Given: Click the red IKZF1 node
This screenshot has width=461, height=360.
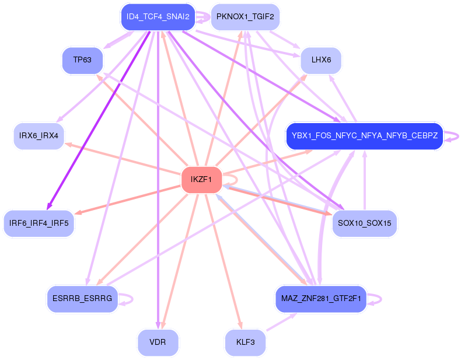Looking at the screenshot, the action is (201, 180).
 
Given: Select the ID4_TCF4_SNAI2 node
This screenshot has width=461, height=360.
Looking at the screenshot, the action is (158, 17).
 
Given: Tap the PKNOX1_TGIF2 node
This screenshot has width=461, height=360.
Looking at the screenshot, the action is (245, 17).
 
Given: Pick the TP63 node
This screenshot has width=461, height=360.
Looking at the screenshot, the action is (82, 60).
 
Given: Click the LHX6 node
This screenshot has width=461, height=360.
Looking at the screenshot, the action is (321, 60).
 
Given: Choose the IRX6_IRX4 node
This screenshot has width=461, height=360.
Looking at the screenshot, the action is (39, 136).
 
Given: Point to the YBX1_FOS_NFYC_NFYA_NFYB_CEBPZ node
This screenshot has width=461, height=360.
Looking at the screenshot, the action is (365, 136).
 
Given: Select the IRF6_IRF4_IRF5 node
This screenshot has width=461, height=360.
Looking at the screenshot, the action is (39, 223).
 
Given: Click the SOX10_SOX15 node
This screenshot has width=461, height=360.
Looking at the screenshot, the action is (365, 223).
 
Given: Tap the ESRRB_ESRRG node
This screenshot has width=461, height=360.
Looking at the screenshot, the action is (82, 299).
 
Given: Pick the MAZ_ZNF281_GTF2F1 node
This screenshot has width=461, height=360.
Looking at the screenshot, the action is (321, 299).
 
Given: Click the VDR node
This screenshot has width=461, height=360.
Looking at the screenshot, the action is (158, 342).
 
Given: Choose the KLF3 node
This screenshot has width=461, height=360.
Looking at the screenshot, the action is (245, 342).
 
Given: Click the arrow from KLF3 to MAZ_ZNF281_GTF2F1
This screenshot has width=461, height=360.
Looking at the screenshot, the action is (281, 322).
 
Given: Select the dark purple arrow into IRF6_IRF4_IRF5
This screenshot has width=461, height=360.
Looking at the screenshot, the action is (99, 121).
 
